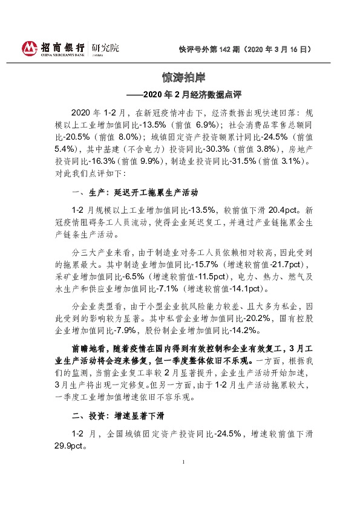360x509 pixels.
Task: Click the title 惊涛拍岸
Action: [180, 78]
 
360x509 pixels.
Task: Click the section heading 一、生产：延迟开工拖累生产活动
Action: [134, 193]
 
